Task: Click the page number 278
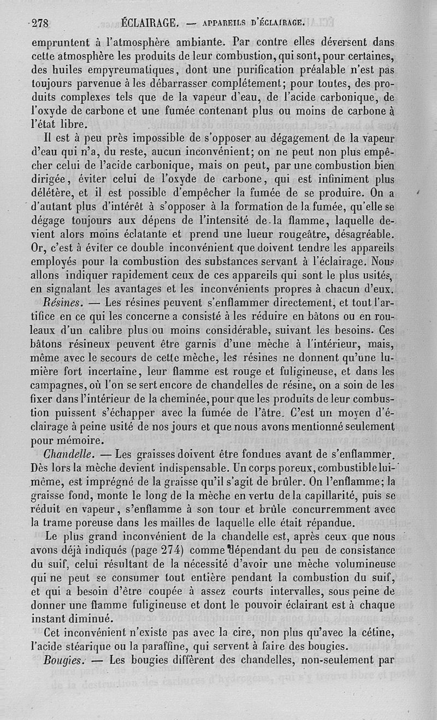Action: [40, 23]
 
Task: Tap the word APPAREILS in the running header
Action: [224, 23]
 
